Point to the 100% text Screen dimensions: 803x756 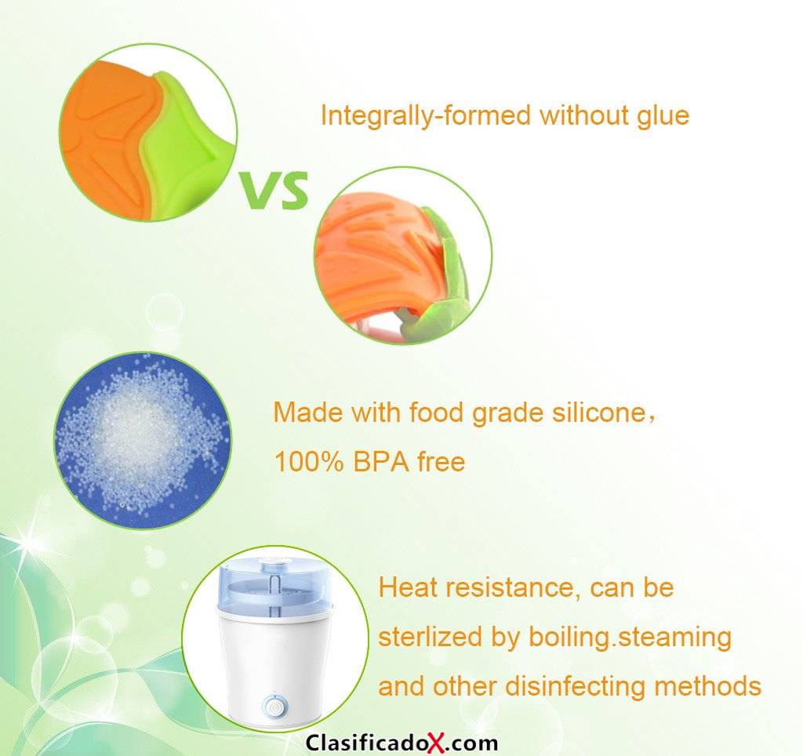tap(309, 462)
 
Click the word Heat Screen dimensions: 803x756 tap(408, 587)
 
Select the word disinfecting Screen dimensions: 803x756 tap(576, 686)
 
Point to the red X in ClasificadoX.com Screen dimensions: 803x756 tap(437, 743)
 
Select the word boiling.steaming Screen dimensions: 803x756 tap(630, 638)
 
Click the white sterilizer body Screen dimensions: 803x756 tap(274, 666)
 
